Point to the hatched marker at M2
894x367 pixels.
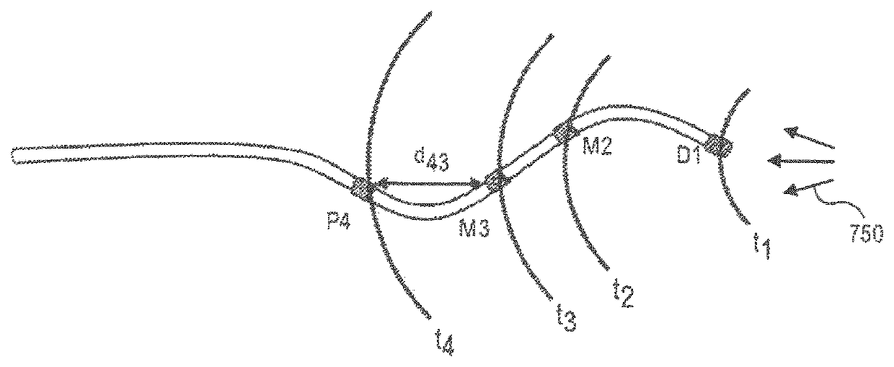tap(564, 132)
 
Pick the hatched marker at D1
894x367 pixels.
tap(720, 145)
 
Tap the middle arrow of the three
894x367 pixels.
tap(800, 162)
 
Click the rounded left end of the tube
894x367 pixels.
tap(16, 156)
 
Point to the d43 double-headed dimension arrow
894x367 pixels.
tap(428, 185)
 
